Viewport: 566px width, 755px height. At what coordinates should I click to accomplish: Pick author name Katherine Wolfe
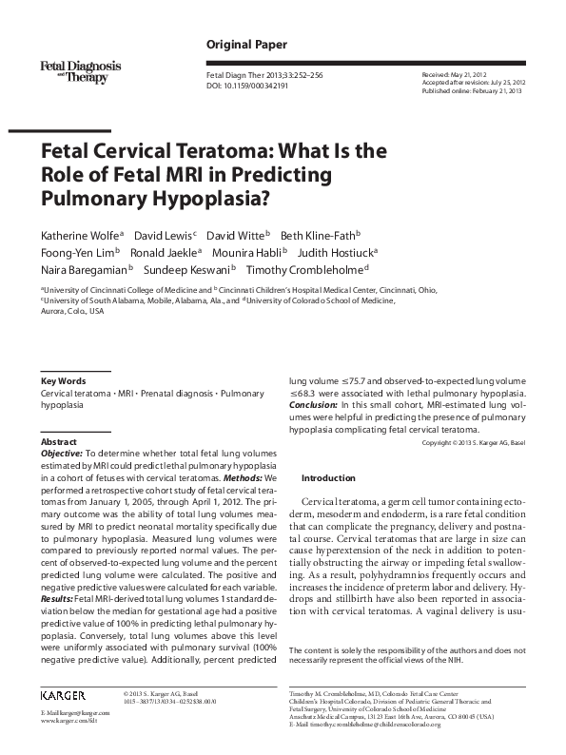coord(80,234)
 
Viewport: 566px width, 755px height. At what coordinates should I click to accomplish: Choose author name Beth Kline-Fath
coord(320,234)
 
